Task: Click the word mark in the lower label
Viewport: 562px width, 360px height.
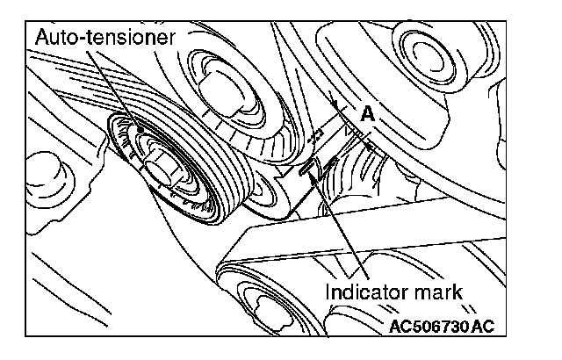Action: pos(438,289)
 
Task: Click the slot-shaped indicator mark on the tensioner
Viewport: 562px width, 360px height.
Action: pos(308,169)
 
